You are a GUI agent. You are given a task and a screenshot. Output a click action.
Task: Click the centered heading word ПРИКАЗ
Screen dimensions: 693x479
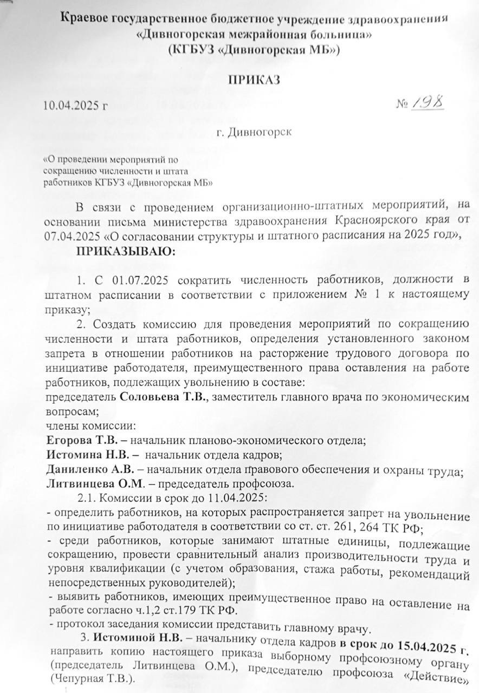coord(254,80)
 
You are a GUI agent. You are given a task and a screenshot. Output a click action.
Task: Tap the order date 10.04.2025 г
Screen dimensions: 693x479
coord(75,105)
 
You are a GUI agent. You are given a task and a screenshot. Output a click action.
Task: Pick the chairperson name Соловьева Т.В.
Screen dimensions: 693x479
coord(163,397)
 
